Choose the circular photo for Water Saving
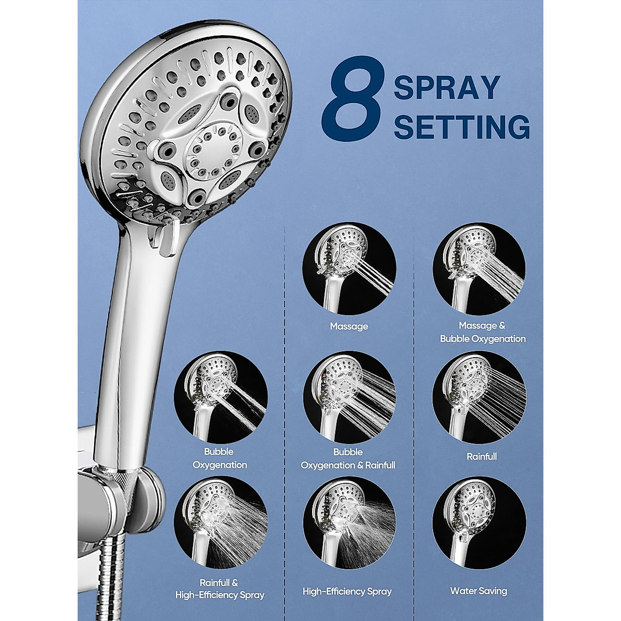pos(479,523)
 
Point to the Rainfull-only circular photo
pos(479,397)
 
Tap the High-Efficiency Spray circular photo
pos(349,523)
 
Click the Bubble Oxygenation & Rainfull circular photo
pos(349,397)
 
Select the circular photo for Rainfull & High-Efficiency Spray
pos(220,523)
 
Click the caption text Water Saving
pos(479,590)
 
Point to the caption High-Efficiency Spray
pos(347,591)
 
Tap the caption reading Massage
pos(349,327)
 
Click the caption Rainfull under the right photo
pos(482,456)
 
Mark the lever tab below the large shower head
pos(164,238)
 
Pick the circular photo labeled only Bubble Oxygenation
pos(220,397)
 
